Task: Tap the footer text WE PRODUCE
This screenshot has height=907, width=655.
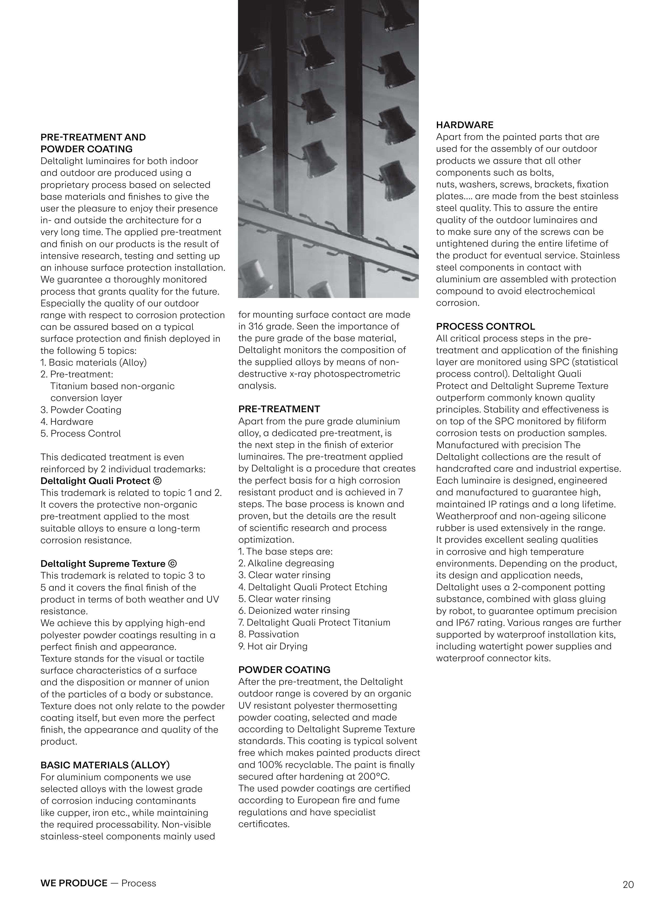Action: tap(74, 883)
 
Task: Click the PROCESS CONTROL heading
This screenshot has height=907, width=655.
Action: tap(485, 326)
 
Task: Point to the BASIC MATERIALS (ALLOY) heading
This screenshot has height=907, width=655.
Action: tap(105, 765)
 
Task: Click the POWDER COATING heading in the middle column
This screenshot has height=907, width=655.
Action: tap(284, 670)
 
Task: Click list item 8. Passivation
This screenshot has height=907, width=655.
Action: tap(269, 634)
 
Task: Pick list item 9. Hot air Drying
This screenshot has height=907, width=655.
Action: tap(273, 646)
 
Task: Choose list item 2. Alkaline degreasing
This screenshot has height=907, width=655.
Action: tap(286, 563)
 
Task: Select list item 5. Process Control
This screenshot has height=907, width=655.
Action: tap(80, 433)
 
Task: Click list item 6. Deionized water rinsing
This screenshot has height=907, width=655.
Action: tap(294, 611)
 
